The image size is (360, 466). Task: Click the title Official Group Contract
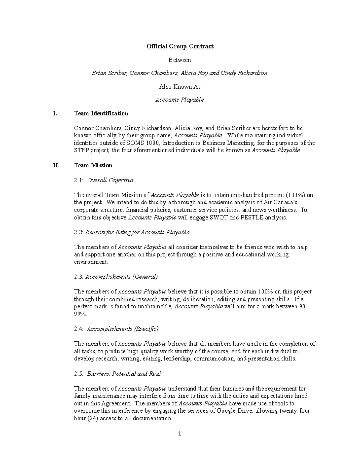point(180,46)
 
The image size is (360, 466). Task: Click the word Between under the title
point(180,60)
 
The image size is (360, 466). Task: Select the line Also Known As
point(180,86)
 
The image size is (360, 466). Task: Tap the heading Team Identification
point(101,113)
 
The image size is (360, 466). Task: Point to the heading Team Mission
point(93,165)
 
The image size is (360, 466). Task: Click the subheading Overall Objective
point(110,180)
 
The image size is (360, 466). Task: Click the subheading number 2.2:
point(79,232)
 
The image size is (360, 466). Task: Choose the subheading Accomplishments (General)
point(121,277)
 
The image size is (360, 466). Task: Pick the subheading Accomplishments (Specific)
point(123,329)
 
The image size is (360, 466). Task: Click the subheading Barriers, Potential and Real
point(124,374)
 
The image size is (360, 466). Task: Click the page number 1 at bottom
point(180,434)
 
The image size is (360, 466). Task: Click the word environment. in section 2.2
point(91,262)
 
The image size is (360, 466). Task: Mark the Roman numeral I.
point(54,113)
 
